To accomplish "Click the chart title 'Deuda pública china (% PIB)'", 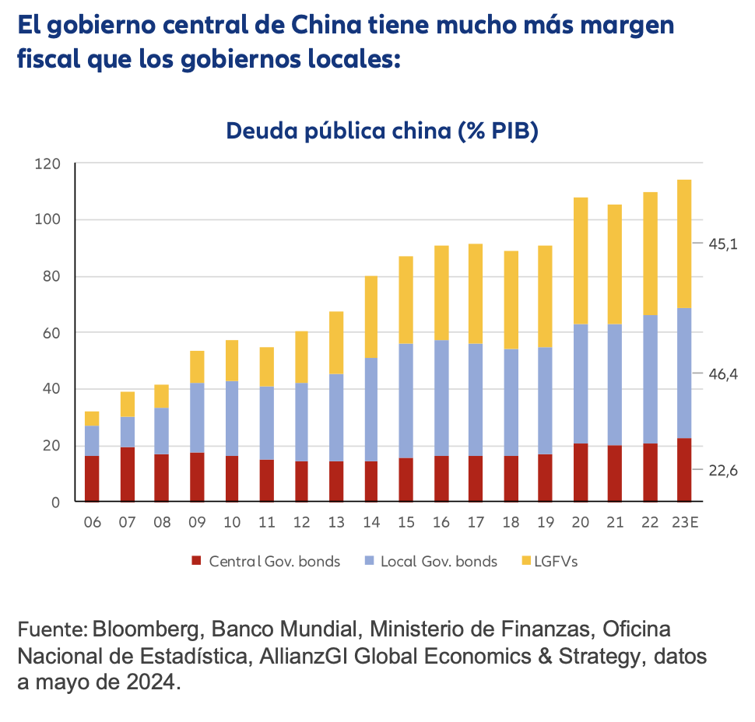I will [382, 131].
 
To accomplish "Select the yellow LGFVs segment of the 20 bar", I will [580, 261].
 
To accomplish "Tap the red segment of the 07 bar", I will [127, 474].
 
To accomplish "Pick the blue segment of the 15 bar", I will [406, 401].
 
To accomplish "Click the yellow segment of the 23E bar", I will [684, 244].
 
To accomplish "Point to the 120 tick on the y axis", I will [47, 164].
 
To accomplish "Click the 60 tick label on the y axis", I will [51, 333].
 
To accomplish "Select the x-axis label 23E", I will [684, 522].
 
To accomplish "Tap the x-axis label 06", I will [92, 522].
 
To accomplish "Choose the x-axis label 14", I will [370, 522].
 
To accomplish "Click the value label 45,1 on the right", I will [722, 244].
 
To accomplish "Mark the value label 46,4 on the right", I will [722, 374].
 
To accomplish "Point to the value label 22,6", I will [722, 471].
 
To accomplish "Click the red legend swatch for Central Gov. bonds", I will [196, 561].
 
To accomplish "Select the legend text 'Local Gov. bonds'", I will [438, 561].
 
